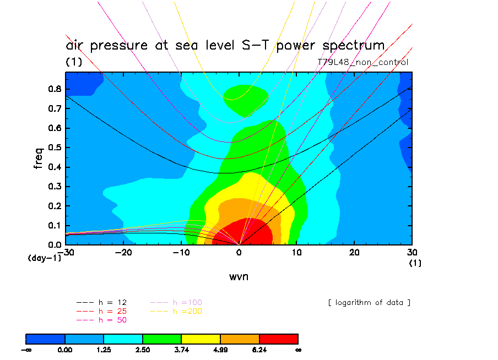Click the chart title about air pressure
point(225,45)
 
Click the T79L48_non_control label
point(363,62)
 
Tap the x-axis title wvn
point(239,276)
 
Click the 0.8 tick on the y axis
point(54,89)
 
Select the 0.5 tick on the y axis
point(54,148)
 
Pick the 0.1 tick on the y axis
point(54,225)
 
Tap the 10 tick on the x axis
point(296,252)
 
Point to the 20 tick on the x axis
point(354,252)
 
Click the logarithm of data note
point(369,303)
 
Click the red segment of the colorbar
point(279,338)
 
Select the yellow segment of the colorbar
point(201,338)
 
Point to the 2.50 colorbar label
point(143,349)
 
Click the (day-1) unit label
point(45,258)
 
